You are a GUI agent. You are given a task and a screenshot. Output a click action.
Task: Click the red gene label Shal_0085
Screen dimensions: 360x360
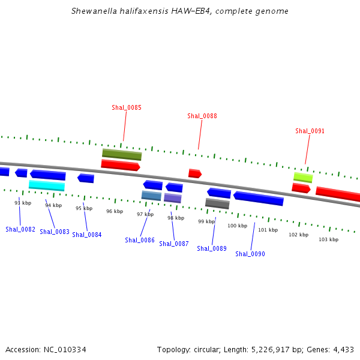(127, 108)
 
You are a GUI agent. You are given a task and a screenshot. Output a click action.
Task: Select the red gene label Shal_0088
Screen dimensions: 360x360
(202, 116)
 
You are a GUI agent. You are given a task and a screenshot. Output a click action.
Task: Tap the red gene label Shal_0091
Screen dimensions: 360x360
(310, 131)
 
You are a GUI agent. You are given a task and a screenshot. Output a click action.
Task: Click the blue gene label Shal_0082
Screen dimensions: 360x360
(20, 229)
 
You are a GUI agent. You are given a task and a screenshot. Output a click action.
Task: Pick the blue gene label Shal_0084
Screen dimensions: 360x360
(87, 235)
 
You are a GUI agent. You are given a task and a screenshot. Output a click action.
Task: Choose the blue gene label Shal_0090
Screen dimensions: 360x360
(250, 254)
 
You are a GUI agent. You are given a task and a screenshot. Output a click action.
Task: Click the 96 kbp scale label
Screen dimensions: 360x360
(115, 211)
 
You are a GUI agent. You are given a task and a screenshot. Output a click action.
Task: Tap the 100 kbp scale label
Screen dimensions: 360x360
(237, 226)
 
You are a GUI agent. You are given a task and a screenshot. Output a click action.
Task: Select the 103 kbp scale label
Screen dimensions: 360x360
(328, 239)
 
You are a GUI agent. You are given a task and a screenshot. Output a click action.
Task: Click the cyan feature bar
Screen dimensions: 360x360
(47, 185)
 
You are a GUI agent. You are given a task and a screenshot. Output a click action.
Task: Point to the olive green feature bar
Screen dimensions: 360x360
(122, 154)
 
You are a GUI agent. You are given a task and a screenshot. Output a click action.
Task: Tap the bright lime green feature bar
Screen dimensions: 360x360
(303, 178)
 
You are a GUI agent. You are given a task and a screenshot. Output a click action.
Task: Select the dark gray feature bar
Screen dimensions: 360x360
(217, 203)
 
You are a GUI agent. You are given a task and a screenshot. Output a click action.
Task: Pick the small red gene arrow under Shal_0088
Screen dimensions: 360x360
(194, 173)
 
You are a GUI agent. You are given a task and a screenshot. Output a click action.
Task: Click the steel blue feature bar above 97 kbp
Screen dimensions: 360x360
(151, 196)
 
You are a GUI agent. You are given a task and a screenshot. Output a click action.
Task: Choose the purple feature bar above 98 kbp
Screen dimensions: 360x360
(173, 198)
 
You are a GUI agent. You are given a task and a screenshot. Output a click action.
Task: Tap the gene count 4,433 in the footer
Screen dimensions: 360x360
(343, 349)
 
